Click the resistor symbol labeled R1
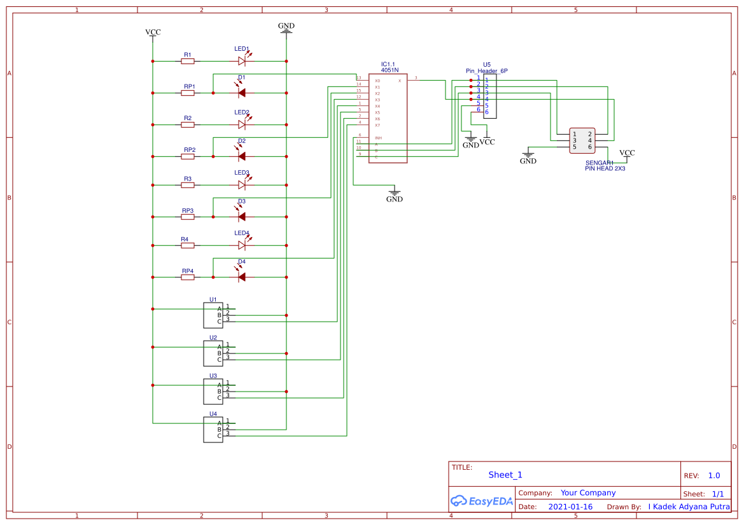[x=188, y=61]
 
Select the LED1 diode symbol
[x=242, y=61]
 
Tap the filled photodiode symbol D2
[x=242, y=156]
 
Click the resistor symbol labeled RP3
[x=188, y=217]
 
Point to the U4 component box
[x=213, y=430]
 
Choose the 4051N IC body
[x=388, y=118]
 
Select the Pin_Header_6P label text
[x=487, y=71]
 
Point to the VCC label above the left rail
[x=153, y=32]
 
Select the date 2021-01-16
[x=570, y=507]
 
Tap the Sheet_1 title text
[x=505, y=475]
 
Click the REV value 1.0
[x=713, y=475]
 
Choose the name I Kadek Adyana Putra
[x=689, y=507]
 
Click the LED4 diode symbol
[x=242, y=245]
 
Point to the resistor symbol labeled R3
[x=188, y=185]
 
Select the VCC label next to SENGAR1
[x=627, y=153]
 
